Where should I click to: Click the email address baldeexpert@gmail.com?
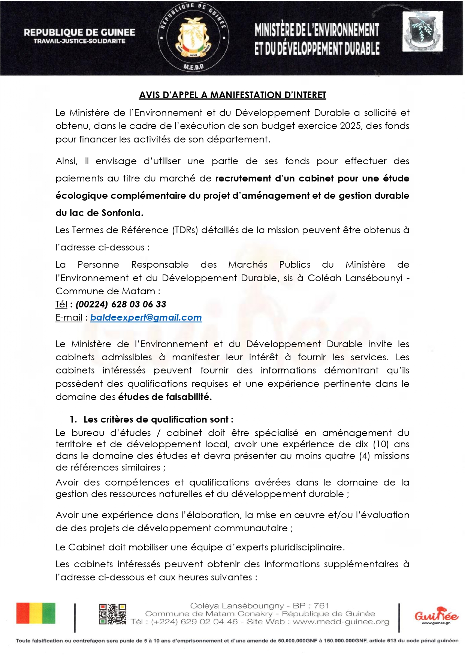[x=146, y=318]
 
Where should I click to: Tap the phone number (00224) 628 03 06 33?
[x=121, y=304]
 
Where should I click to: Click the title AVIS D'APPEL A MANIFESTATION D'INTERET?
[x=232, y=95]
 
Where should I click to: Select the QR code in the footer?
[x=112, y=614]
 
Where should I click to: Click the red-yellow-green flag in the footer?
[x=36, y=613]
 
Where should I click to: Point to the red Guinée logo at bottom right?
[x=436, y=615]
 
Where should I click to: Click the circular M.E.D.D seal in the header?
[x=193, y=38]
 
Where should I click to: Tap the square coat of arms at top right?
[x=423, y=31]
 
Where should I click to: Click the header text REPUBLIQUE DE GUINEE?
[x=79, y=33]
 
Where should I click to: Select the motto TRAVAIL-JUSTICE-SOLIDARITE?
[x=79, y=41]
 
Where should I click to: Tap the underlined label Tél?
[x=61, y=304]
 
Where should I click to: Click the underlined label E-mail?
[x=69, y=318]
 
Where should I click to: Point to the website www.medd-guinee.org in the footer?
[x=341, y=622]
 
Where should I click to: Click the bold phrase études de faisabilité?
[x=165, y=397]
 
